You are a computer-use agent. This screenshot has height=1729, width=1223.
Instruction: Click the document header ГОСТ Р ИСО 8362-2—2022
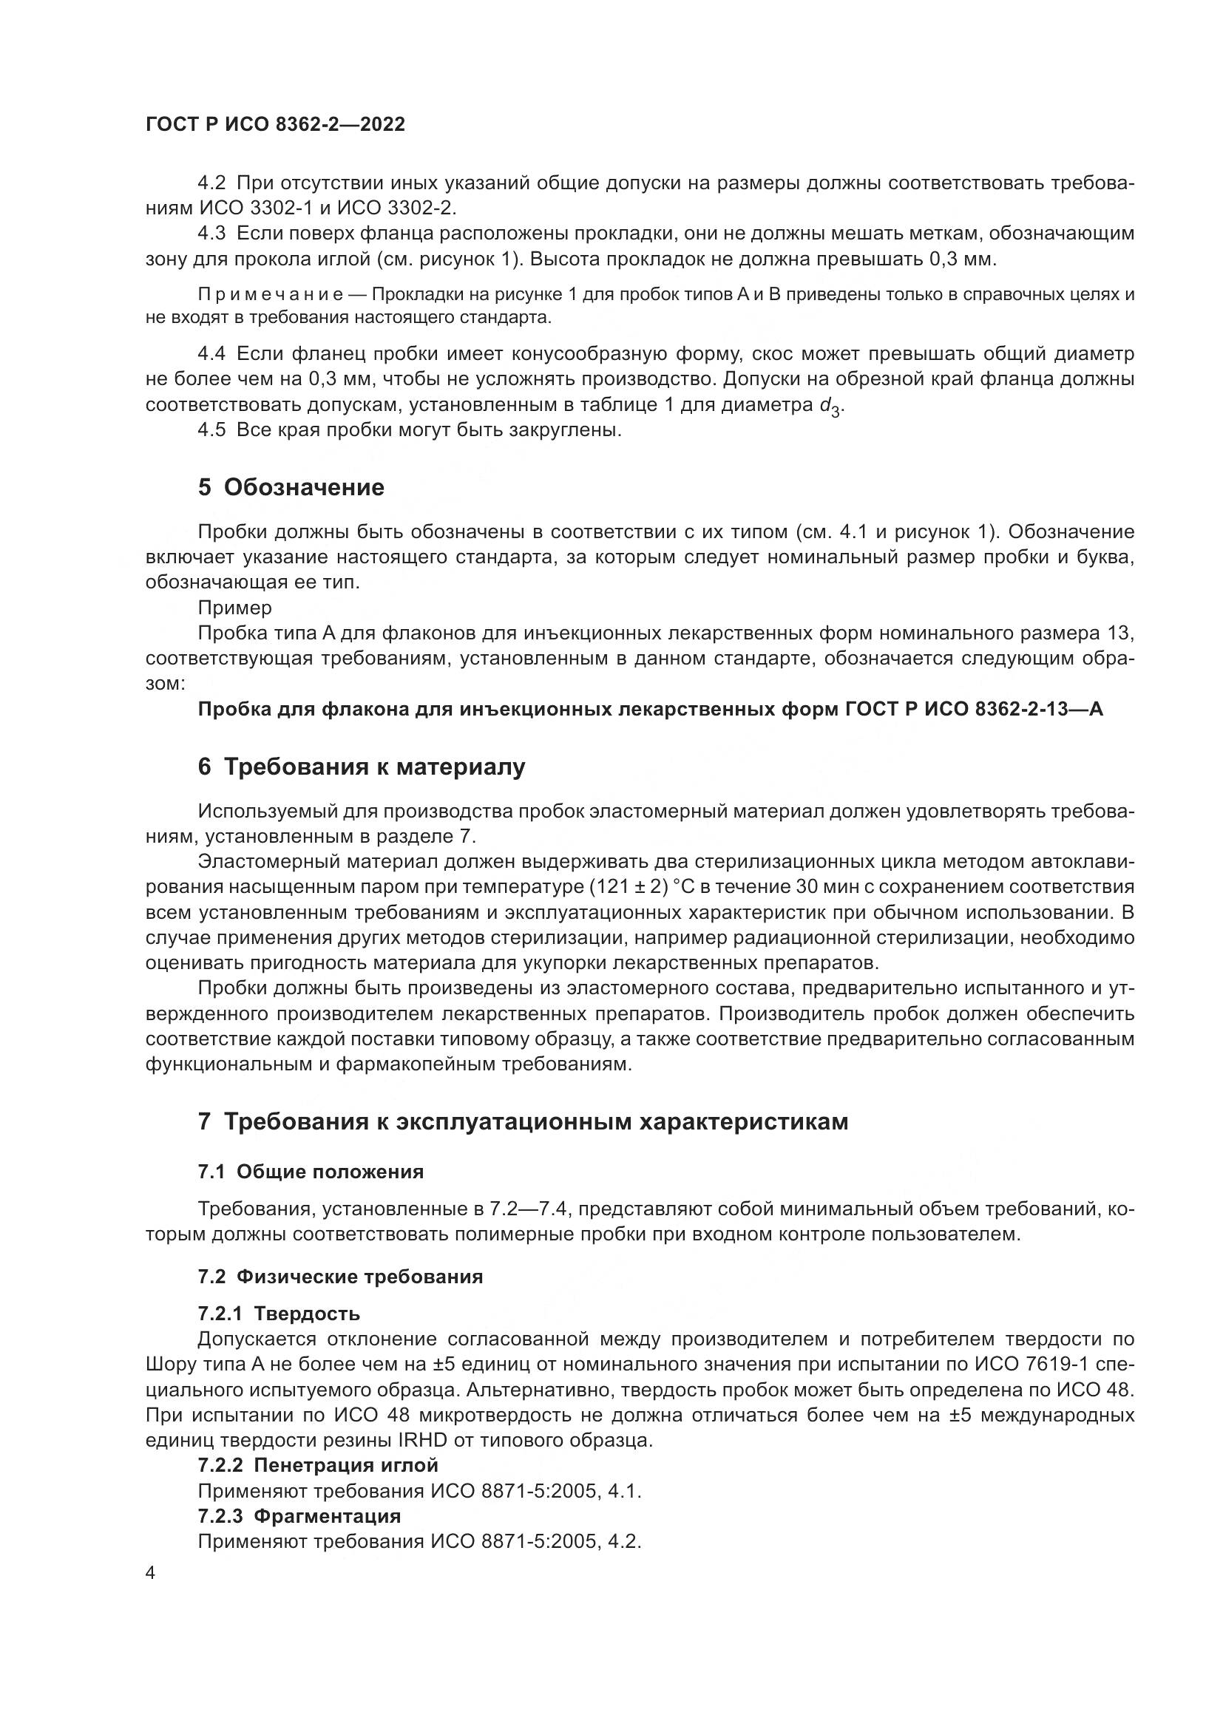(x=275, y=125)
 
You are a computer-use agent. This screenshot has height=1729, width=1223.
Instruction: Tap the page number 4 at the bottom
(x=151, y=1573)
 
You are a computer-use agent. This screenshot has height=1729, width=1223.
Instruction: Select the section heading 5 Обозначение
(x=291, y=487)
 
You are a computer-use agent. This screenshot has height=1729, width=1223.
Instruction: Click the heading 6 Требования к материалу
(x=362, y=767)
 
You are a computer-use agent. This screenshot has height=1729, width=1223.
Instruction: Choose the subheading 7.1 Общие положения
(x=311, y=1172)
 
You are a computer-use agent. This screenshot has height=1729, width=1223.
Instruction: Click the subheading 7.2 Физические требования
(x=340, y=1277)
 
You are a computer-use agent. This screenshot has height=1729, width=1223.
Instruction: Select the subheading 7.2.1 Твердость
(x=279, y=1314)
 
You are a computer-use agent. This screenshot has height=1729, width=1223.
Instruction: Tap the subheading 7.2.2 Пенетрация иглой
(x=318, y=1464)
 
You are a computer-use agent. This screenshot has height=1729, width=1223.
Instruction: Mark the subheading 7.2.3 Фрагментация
(x=299, y=1515)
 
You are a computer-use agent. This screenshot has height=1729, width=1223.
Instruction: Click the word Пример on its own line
(x=234, y=608)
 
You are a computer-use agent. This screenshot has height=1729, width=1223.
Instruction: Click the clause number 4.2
(x=211, y=183)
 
